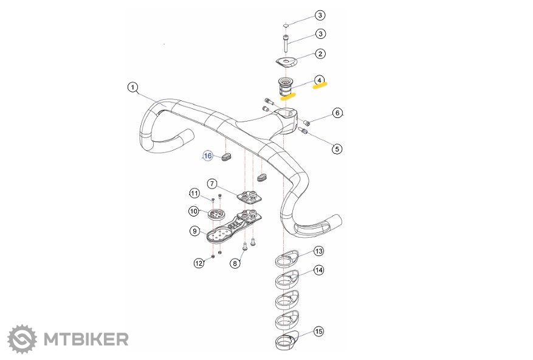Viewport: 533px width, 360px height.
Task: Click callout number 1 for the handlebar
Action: click(x=132, y=87)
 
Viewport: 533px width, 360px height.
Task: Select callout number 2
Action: click(x=320, y=54)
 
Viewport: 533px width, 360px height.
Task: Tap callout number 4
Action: click(x=319, y=80)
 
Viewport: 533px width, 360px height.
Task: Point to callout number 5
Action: click(x=337, y=149)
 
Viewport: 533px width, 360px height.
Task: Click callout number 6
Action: click(x=337, y=113)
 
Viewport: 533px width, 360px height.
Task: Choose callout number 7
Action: click(x=212, y=184)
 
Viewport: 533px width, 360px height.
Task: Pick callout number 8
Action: click(x=235, y=263)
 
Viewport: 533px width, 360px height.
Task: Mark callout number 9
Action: click(x=194, y=231)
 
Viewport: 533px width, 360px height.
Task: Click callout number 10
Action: click(x=194, y=211)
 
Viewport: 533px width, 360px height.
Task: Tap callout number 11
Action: click(x=194, y=193)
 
